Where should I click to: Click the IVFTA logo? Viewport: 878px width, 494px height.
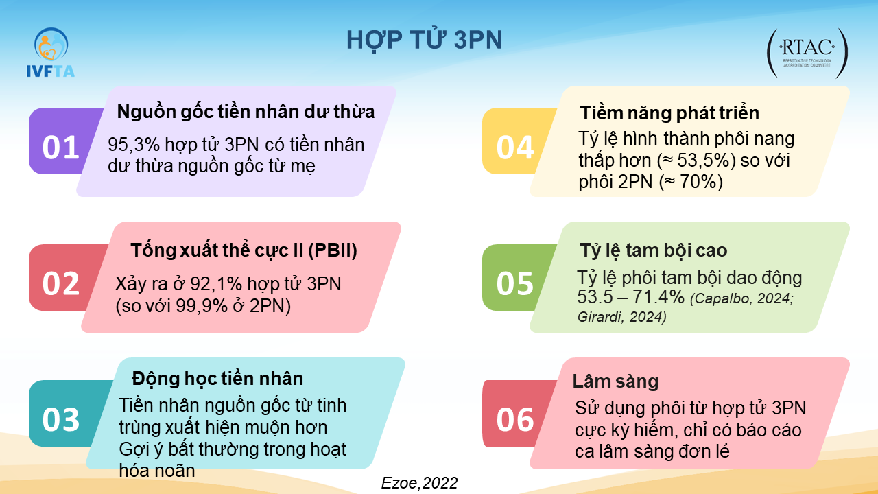(x=50, y=52)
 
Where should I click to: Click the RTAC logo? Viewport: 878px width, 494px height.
(x=807, y=54)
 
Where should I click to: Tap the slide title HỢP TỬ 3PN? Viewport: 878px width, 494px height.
(x=424, y=40)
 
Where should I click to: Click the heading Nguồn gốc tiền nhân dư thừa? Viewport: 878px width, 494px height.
(x=246, y=112)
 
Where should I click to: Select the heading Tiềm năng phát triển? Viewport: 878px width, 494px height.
(x=669, y=113)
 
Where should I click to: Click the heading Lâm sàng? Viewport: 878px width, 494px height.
(x=615, y=381)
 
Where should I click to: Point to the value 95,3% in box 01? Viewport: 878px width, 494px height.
(x=134, y=145)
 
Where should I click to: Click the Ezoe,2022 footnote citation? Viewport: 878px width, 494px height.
(x=419, y=483)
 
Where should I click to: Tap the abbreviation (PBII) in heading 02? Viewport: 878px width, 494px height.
(x=333, y=251)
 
